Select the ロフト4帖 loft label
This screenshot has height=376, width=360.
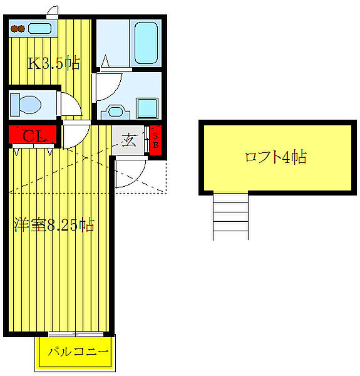click(275, 157)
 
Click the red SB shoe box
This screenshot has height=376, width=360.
click(157, 138)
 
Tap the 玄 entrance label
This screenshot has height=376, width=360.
click(129, 140)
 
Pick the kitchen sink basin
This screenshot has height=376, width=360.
click(41, 28)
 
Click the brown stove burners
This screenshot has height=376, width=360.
click(18, 28)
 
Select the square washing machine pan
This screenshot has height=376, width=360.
click(148, 108)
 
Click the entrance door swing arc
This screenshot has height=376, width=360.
click(130, 174)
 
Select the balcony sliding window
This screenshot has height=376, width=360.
click(75, 333)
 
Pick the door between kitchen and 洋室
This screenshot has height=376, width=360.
click(75, 134)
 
